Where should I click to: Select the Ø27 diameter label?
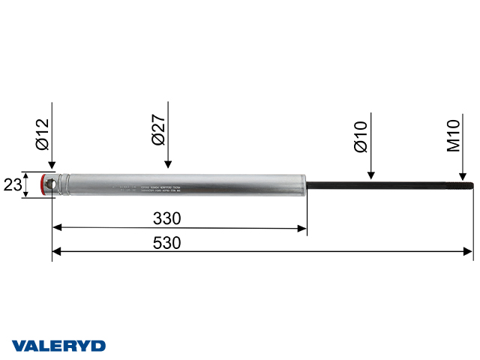(x=159, y=130)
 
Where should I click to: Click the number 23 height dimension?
(x=11, y=184)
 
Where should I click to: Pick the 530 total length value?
(x=167, y=243)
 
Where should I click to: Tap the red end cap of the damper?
(x=47, y=184)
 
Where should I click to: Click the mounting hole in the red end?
(x=50, y=183)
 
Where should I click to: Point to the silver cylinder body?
(x=225, y=184)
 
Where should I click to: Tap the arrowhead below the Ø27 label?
(x=169, y=166)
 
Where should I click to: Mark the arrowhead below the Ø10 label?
(x=370, y=175)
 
